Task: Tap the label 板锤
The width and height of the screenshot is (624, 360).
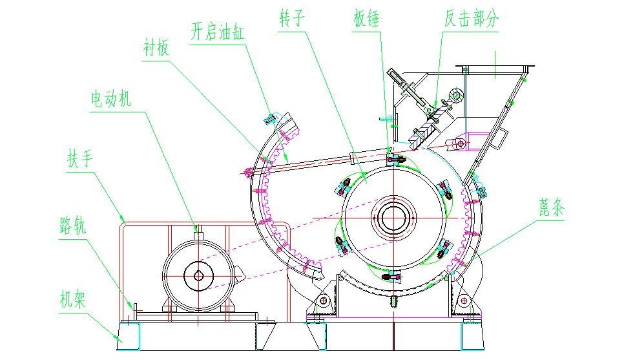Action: point(366,17)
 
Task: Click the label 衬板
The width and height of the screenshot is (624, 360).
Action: point(156,49)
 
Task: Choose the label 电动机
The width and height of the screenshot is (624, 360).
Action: point(110,99)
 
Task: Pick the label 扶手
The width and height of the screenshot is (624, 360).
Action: point(79,159)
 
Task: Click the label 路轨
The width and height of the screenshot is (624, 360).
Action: point(71,226)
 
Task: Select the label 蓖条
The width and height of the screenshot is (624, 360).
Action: point(552,207)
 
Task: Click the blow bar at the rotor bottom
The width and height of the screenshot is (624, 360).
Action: point(393,277)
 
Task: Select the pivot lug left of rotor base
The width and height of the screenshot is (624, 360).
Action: point(322,301)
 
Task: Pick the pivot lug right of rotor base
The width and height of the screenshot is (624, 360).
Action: point(464,301)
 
